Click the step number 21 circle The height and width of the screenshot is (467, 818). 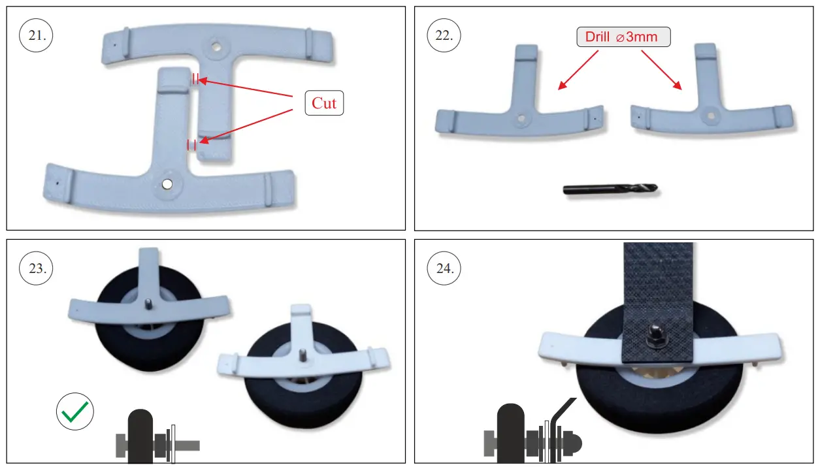click(x=37, y=36)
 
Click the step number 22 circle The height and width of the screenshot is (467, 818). click(x=444, y=36)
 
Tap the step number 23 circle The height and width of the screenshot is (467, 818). click(x=37, y=268)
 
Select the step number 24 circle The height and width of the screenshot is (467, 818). click(x=444, y=268)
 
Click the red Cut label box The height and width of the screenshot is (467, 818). click(x=324, y=103)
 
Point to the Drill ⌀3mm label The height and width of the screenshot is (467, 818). click(x=623, y=37)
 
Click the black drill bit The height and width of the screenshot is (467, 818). click(x=610, y=189)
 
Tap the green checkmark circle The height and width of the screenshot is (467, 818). click(x=75, y=412)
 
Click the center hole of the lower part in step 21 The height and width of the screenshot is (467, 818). click(x=168, y=184)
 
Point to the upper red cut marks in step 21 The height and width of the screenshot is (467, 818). click(x=195, y=80)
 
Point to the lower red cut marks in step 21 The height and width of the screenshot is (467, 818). click(x=191, y=144)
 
